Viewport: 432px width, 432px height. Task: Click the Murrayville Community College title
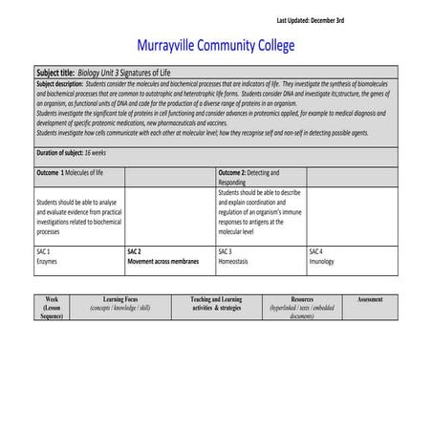pos(216,46)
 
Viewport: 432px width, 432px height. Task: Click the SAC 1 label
pos(43,250)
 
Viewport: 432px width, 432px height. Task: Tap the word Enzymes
pos(48,260)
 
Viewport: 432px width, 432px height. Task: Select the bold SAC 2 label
pos(135,250)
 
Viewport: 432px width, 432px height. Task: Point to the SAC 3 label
pos(226,250)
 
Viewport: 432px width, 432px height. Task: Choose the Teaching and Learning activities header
pos(215,304)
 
